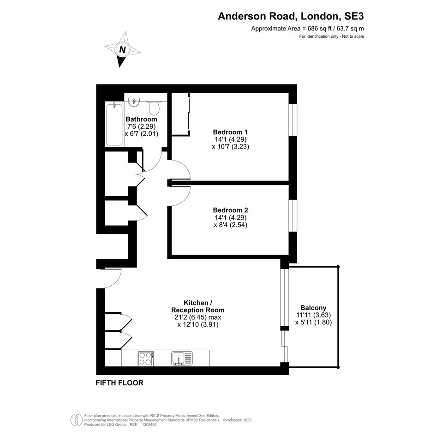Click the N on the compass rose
pos(122,50)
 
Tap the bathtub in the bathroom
pos(114,124)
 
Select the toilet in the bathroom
pos(154,108)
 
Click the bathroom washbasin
pos(134,102)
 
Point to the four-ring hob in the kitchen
pos(146,358)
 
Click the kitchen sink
pos(182,358)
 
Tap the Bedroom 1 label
pos(230,132)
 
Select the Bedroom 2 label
pos(230,210)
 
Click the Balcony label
pos(313,308)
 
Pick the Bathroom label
pos(141,119)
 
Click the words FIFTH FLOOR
pos(119,383)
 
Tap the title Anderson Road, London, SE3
pos(291,16)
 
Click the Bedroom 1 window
pos(293,120)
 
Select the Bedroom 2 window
pos(293,215)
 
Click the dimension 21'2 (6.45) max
pos(198,317)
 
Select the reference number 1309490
pos(149,424)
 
